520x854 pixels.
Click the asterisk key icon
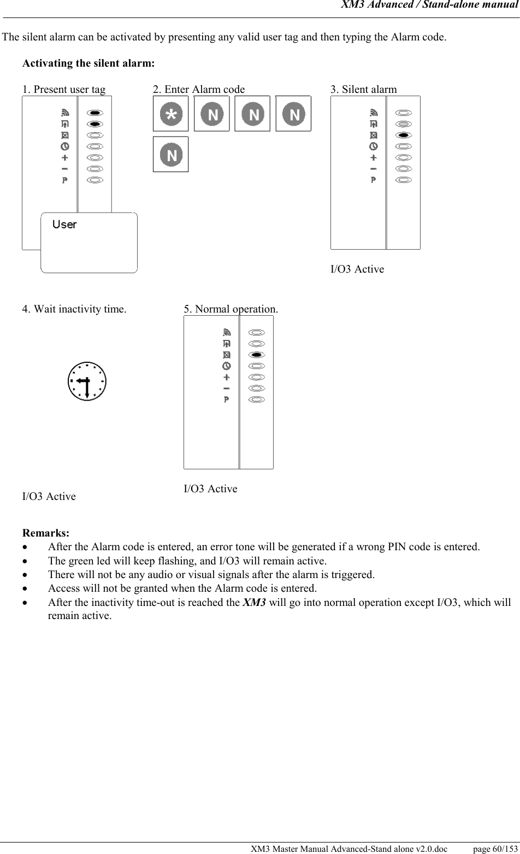(x=171, y=114)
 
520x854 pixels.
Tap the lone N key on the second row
(x=171, y=155)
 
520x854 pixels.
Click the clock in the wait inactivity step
(x=87, y=381)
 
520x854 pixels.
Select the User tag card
(x=89, y=242)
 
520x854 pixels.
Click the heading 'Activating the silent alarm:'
(x=88, y=63)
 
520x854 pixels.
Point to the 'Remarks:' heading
(x=46, y=533)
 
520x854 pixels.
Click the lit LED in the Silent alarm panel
(x=403, y=135)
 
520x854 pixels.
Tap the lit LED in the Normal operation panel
(x=257, y=355)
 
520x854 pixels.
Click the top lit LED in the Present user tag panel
(x=95, y=113)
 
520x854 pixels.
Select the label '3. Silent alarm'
(x=364, y=89)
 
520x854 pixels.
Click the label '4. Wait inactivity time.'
(x=74, y=309)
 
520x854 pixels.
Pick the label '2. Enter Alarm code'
(x=199, y=89)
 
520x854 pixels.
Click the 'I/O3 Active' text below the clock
(x=49, y=496)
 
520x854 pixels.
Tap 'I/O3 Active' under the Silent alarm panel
(x=357, y=269)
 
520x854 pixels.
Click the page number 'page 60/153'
(x=495, y=849)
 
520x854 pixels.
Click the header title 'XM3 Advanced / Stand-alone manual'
(x=429, y=5)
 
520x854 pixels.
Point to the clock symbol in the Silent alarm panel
(x=374, y=146)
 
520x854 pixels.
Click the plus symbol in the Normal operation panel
(x=227, y=377)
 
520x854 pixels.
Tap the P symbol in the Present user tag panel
(x=65, y=180)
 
